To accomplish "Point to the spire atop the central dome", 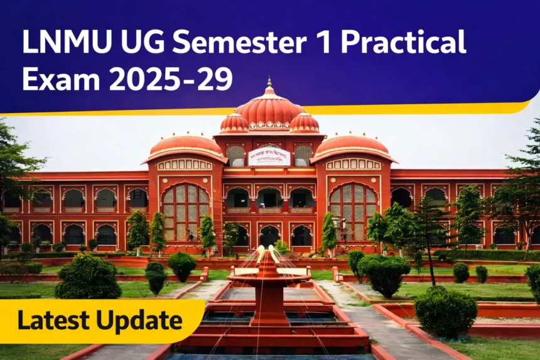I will (x=269, y=84).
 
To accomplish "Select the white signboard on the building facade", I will (x=269, y=156).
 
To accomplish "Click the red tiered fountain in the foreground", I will (x=269, y=289).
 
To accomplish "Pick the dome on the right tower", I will (x=354, y=146).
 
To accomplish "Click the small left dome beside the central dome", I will (x=234, y=123).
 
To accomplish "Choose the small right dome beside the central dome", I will (x=305, y=123).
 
